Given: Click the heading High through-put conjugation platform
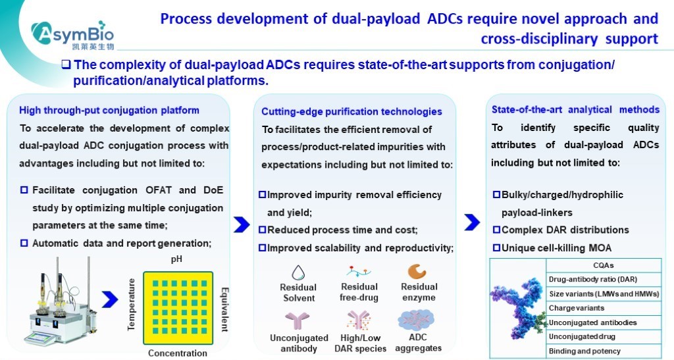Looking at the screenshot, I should (109, 110).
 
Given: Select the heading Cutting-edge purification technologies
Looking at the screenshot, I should (351, 112).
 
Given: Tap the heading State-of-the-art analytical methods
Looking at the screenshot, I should (575, 109).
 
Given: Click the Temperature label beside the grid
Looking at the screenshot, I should (131, 303).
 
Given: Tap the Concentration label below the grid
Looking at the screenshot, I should (178, 353).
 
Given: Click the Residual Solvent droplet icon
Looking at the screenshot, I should (298, 272).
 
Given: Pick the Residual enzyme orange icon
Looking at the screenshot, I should (417, 271).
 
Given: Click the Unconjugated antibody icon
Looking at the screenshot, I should (294, 322).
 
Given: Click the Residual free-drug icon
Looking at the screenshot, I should (359, 271).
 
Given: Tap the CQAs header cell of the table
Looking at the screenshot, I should (603, 266).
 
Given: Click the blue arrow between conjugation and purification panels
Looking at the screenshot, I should (242, 224).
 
